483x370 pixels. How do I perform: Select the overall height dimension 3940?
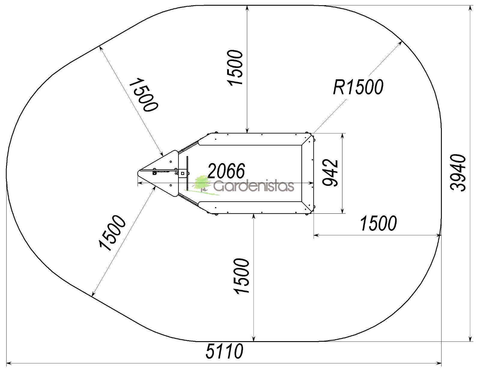[x=458, y=173]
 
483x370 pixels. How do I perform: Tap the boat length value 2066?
[x=226, y=171]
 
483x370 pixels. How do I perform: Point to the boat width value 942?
[x=330, y=173]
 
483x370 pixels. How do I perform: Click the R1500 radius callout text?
[x=358, y=87]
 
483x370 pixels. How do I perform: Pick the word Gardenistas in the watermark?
[x=254, y=186]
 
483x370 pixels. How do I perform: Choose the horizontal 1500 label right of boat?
[x=378, y=223]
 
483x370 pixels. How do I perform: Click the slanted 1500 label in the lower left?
[x=112, y=233]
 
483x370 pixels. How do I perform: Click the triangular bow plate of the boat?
[x=158, y=173]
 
